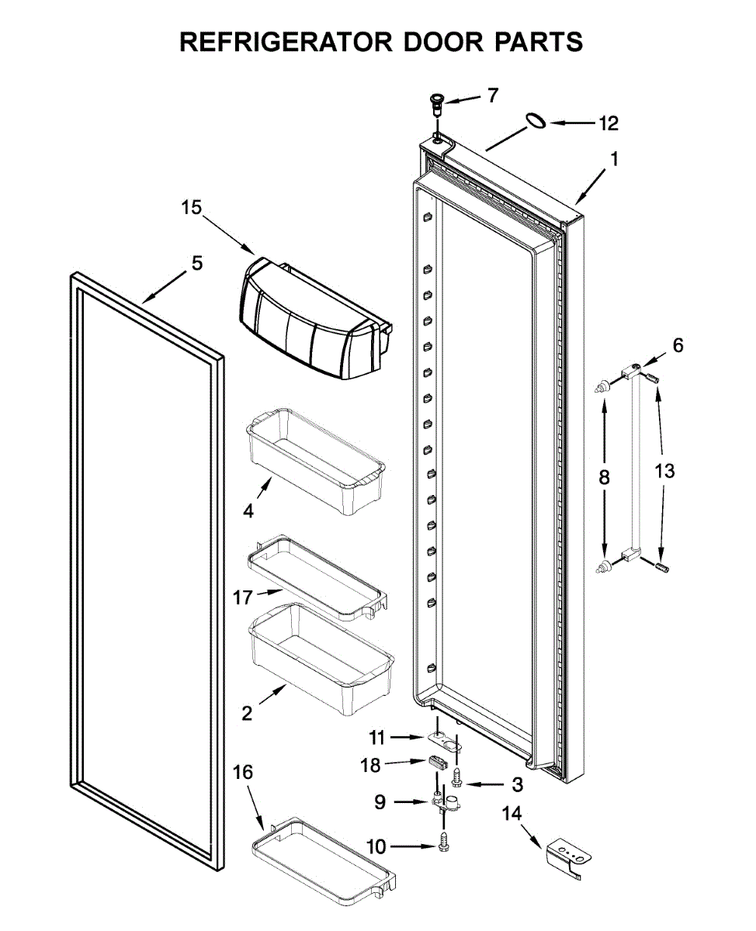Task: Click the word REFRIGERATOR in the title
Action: [x=284, y=42]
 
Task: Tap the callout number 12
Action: [x=609, y=123]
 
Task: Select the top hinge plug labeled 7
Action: [x=438, y=101]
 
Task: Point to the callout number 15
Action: [x=191, y=208]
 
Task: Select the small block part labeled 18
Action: [x=439, y=762]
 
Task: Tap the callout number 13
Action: [x=664, y=471]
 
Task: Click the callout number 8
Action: [x=604, y=478]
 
